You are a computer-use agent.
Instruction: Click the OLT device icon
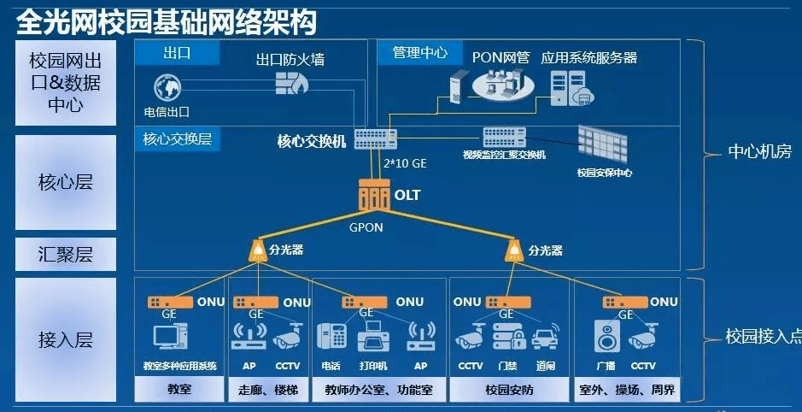(372, 197)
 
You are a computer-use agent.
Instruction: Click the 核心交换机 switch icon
(373, 138)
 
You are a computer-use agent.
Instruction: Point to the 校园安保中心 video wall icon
(603, 143)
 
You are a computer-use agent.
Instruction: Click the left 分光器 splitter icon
(256, 250)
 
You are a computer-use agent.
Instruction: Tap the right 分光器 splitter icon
(513, 250)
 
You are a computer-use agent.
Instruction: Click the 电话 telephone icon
(331, 337)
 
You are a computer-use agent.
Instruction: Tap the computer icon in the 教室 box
(166, 336)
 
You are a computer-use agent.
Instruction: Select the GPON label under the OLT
(366, 228)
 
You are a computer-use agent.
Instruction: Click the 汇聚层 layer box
(65, 254)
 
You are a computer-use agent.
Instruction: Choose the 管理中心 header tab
(419, 53)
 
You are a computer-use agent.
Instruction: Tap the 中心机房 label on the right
(758, 152)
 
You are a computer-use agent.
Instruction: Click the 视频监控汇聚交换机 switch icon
(504, 137)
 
